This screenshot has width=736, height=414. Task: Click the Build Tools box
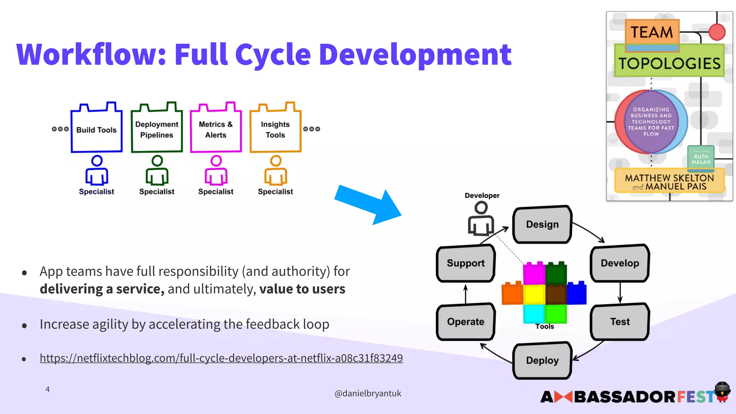pyautogui.click(x=96, y=130)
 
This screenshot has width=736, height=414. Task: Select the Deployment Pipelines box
pyautogui.click(x=157, y=130)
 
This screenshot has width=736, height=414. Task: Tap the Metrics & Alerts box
pyautogui.click(x=216, y=130)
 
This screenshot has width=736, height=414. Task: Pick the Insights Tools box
pyautogui.click(x=275, y=130)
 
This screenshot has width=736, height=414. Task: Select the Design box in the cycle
pyautogui.click(x=542, y=225)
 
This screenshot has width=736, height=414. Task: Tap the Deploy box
pyautogui.click(x=542, y=360)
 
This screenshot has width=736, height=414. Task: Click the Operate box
pyautogui.click(x=465, y=322)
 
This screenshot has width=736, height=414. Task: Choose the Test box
pyautogui.click(x=620, y=322)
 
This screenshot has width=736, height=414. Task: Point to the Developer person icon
pyautogui.click(x=481, y=218)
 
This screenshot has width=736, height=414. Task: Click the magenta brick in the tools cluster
pyautogui.click(x=534, y=273)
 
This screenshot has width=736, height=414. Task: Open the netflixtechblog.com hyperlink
pyautogui.click(x=221, y=358)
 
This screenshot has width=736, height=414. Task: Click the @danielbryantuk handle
pyautogui.click(x=368, y=394)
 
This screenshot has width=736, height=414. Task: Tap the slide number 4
pyautogui.click(x=47, y=389)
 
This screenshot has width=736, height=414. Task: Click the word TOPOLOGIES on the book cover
pyautogui.click(x=669, y=64)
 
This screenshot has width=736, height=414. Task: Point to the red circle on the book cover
pyautogui.click(x=717, y=32)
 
